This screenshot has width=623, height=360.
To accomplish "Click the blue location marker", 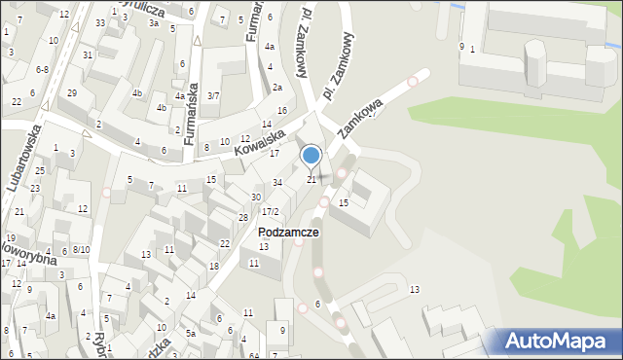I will point(311,156).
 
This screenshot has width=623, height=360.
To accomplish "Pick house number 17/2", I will point(270,211).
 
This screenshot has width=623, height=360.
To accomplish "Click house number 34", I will point(277,183).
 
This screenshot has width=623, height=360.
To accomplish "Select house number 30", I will point(256,197).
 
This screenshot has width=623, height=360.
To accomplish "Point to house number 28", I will point(243,216).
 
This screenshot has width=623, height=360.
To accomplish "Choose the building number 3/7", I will point(213,95).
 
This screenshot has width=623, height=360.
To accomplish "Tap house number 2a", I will point(277,88).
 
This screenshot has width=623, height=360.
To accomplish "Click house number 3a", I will point(153,21).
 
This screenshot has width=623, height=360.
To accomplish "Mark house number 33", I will point(100,22).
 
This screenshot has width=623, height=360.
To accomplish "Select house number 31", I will point(88,54).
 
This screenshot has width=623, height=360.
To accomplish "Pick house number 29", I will point(72,92).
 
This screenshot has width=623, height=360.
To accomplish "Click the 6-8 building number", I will point(42,70).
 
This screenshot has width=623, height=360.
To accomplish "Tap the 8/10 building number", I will point(81,250).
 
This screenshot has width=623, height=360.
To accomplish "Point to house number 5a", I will point(192,334).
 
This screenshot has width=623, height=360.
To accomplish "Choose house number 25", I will point(36,171).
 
